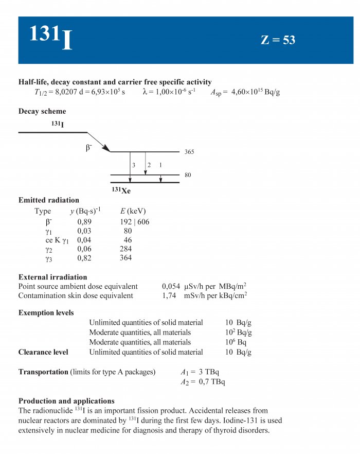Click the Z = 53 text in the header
[278, 40]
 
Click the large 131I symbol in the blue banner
[50, 37]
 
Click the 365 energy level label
[189, 152]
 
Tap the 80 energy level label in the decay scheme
[188, 175]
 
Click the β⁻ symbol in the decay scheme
[89, 148]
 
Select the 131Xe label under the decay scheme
[122, 190]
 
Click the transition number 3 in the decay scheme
[133, 165]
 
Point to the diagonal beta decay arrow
[99, 142]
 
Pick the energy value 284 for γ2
[125, 249]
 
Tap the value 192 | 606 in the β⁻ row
[134, 222]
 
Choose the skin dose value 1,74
[169, 296]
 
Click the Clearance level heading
[43, 352]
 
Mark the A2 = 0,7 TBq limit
[203, 382]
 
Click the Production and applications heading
[66, 401]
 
